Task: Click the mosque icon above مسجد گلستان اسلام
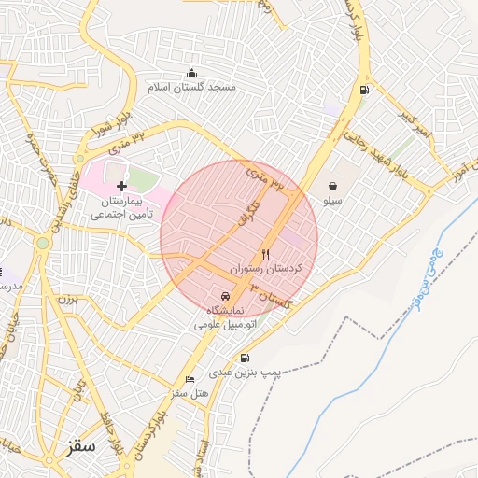pos(192,73)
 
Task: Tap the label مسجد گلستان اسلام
pos(191,87)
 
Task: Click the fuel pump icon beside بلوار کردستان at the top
pos(362,91)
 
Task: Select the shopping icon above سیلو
pos(333,187)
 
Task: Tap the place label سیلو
pos(333,201)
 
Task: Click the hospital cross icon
pos(121,186)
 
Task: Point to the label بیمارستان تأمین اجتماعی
pos(121,206)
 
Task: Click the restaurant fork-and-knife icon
pos(266,254)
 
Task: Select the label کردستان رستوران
pos(272,268)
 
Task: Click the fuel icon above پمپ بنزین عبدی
pos(245,358)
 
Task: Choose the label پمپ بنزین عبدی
pos(245,373)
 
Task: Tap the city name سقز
pos(82,447)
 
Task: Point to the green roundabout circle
pos(42,244)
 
